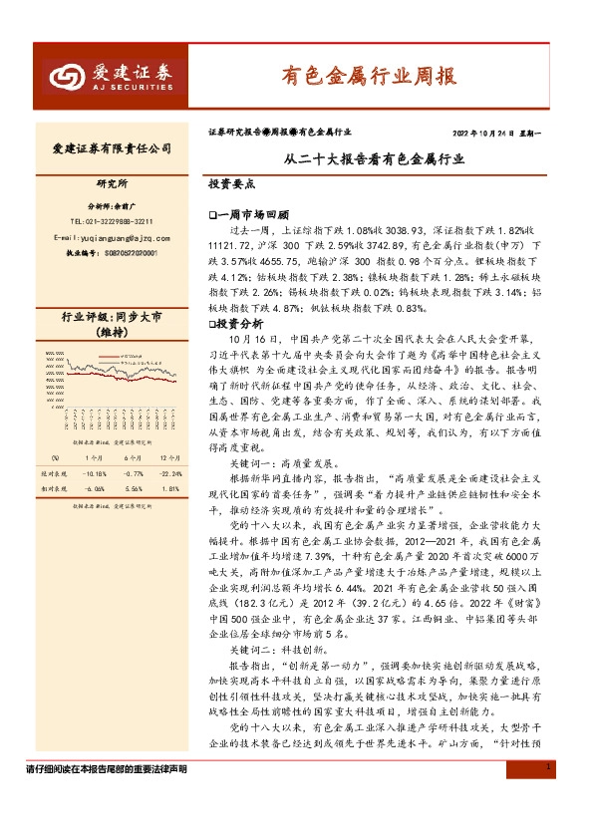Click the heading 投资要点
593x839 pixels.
click(231, 185)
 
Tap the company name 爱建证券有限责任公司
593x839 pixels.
click(112, 148)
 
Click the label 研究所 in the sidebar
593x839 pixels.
click(112, 185)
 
